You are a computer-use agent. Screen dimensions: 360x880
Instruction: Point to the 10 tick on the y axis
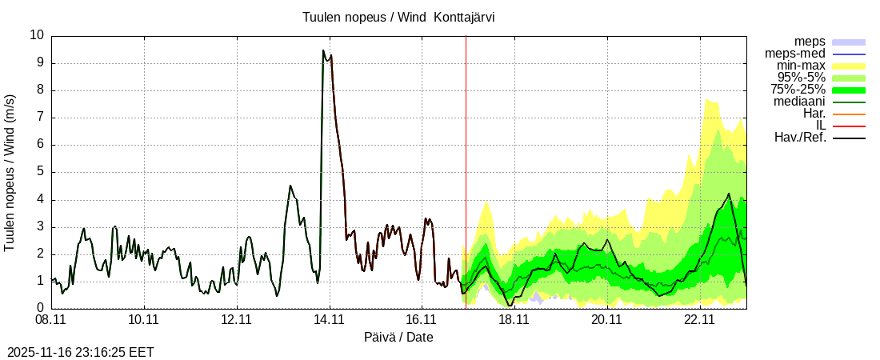point(38,35)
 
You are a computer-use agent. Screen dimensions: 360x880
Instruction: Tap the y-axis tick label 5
point(41,172)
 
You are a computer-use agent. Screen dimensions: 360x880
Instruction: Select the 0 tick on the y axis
point(41,308)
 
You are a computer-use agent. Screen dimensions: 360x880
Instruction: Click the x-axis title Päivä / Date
point(398,338)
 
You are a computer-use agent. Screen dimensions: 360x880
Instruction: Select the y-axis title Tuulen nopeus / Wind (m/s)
point(10,172)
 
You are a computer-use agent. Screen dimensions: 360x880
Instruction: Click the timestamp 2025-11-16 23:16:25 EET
point(80,352)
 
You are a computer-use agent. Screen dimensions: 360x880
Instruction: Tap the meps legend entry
point(810,42)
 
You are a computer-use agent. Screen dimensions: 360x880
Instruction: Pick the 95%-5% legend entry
point(802,78)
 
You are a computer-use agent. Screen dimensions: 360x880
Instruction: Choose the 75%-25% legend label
point(798,90)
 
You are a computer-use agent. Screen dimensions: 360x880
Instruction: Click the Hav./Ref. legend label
point(800,138)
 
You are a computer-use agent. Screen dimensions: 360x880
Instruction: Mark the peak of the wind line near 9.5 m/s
point(323,50)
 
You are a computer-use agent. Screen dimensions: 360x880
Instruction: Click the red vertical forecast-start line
point(466,160)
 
